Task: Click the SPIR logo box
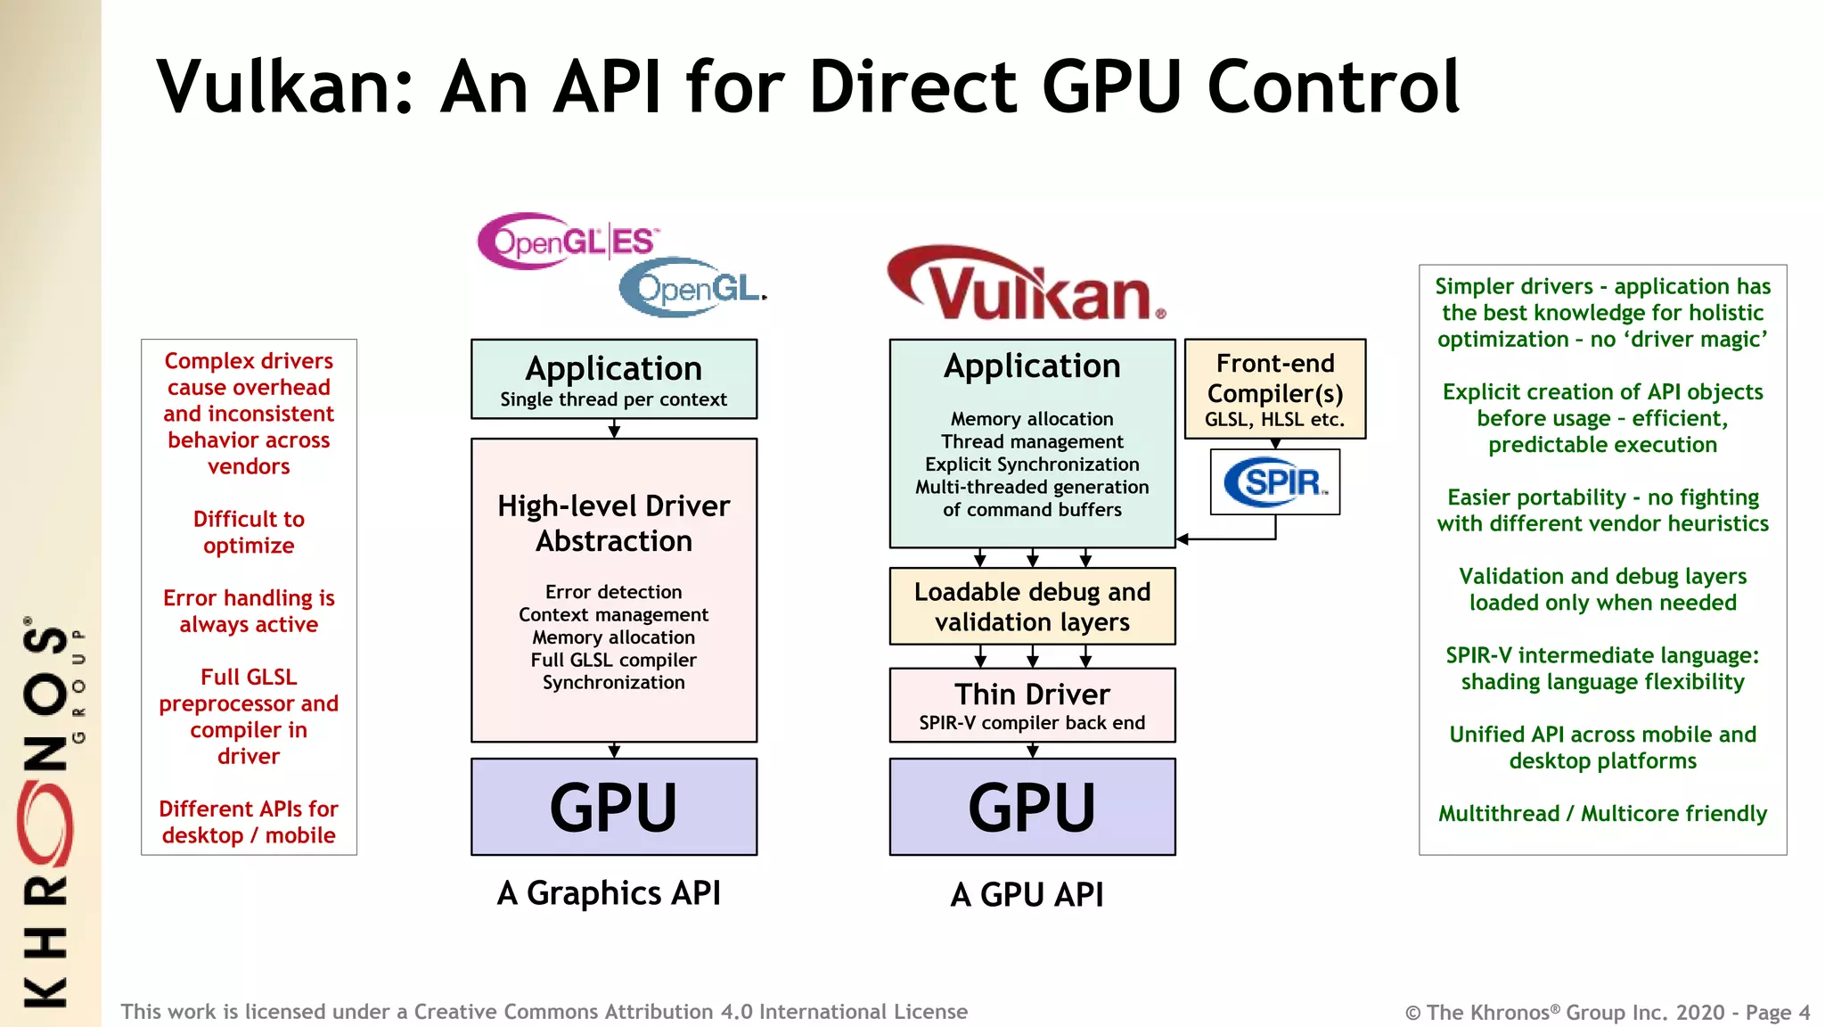click(x=1274, y=482)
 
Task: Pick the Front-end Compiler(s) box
click(x=1274, y=389)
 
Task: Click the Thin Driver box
click(x=1032, y=705)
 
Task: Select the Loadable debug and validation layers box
click(x=1032, y=606)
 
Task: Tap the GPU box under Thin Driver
click(x=1032, y=807)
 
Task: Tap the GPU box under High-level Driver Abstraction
click(x=613, y=807)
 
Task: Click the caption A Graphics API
click(x=609, y=893)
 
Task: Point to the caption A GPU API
click(x=1027, y=894)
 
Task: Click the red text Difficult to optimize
click(x=249, y=532)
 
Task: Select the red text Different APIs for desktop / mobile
click(x=249, y=822)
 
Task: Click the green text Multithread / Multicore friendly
click(x=1602, y=814)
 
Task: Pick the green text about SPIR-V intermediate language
click(x=1602, y=669)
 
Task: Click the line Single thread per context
click(x=613, y=399)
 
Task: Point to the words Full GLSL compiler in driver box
click(x=613, y=660)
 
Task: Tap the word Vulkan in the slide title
click(x=285, y=87)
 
